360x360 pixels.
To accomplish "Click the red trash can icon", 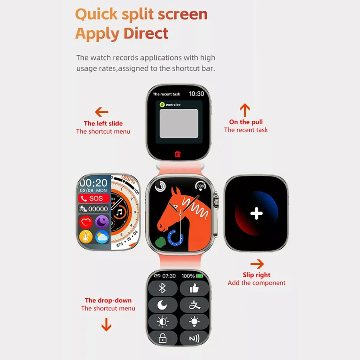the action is (178, 154).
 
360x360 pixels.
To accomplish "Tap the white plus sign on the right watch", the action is (256, 213).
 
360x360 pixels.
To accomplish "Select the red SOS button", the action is (94, 198).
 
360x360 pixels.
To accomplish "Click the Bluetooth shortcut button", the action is (162, 288).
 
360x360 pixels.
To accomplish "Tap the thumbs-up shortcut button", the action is (194, 288).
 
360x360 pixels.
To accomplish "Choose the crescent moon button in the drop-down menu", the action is (162, 305).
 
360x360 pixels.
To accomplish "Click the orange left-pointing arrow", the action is (102, 112).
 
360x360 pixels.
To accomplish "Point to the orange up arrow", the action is (245, 110).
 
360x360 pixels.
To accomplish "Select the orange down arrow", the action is (106, 324).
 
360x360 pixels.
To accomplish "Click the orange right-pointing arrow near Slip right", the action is (257, 264).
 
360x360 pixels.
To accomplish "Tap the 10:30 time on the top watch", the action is (197, 94).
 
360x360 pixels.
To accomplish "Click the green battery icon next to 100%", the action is (200, 276).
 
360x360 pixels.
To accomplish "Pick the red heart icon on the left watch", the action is (86, 222).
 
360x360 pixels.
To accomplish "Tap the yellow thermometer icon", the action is (86, 237).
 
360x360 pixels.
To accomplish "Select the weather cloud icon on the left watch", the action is (102, 237).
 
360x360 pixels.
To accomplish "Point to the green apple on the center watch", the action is (160, 242).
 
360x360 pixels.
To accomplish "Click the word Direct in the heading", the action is (146, 33).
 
